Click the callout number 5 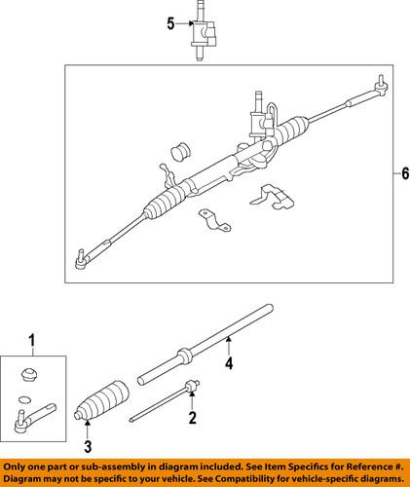tap(172, 21)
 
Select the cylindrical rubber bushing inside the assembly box tap(177, 154)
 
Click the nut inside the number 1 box tap(29, 375)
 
